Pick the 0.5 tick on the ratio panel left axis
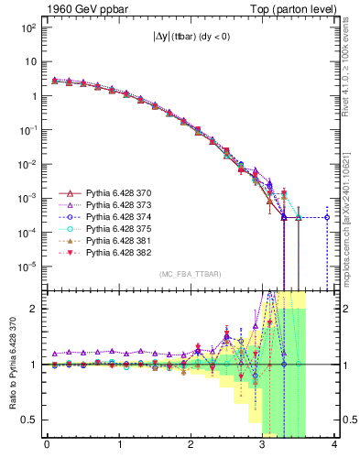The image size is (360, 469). tap(28, 420)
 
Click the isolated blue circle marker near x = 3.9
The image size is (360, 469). tap(327, 217)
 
